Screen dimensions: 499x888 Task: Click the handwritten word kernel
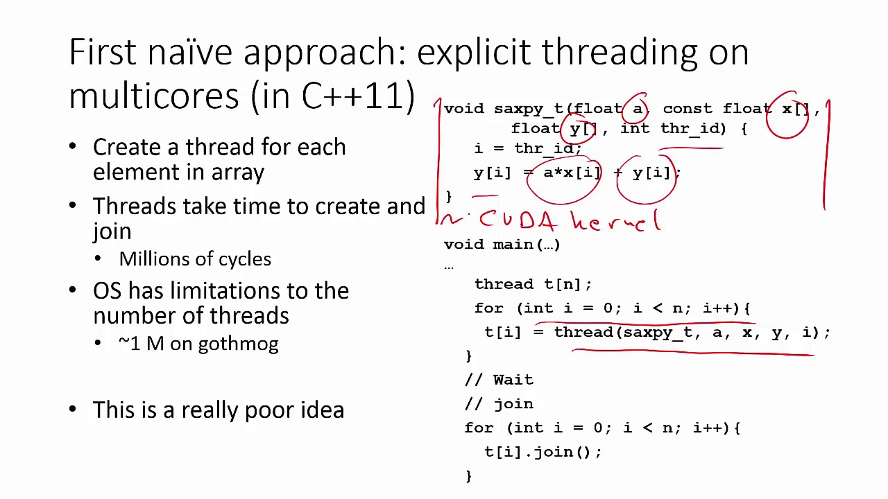(616, 221)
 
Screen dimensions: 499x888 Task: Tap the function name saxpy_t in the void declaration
(529, 109)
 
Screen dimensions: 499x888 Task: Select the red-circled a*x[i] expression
(570, 173)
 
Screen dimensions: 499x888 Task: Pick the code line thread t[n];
(533, 284)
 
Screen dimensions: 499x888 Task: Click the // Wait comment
(499, 380)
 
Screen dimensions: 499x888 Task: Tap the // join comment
(499, 404)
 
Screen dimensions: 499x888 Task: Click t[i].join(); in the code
(543, 452)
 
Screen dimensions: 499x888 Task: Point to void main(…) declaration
(502, 245)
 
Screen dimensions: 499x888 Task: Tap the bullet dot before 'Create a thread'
(74, 148)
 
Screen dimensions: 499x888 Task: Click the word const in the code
(688, 109)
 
